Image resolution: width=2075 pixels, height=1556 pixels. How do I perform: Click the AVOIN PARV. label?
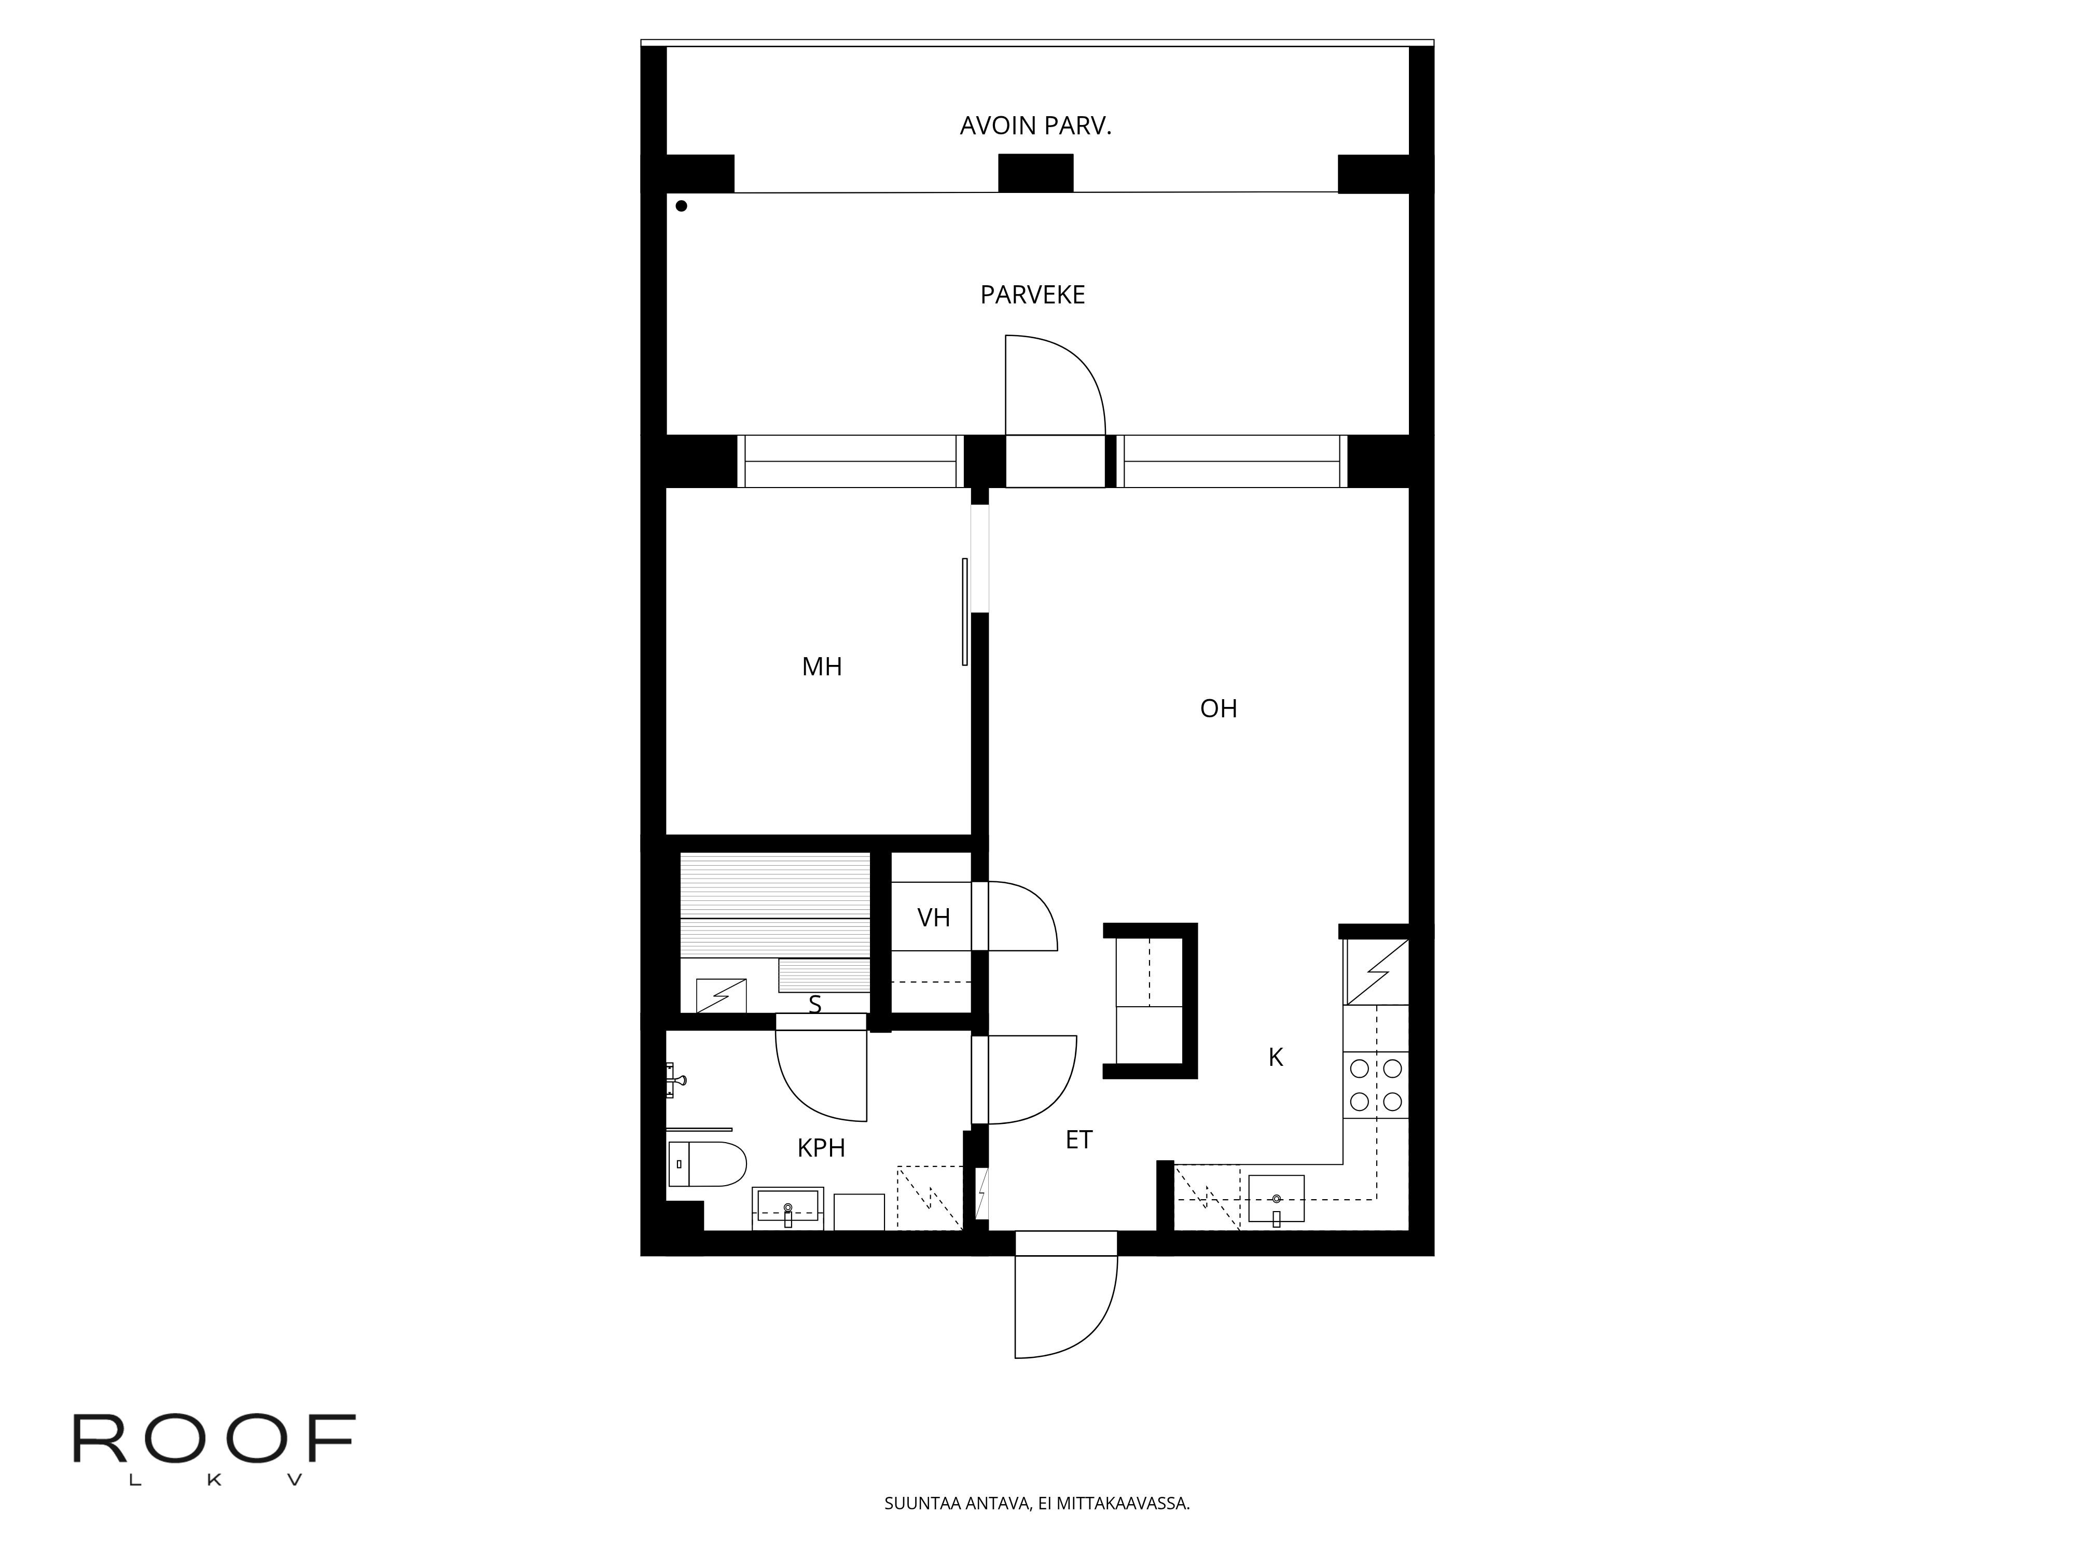(x=1035, y=126)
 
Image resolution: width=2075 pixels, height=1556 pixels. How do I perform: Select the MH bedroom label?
(x=822, y=667)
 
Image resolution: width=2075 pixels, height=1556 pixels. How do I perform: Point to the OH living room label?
(x=1219, y=708)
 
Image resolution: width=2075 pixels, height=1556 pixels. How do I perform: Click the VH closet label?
(x=933, y=918)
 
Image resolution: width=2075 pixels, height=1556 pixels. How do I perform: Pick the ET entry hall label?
(x=1079, y=1140)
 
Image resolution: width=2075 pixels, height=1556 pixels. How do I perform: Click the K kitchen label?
(x=1276, y=1057)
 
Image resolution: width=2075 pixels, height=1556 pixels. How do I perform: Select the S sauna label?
(x=815, y=1005)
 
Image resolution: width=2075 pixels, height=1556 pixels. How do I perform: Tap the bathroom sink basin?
(x=788, y=1208)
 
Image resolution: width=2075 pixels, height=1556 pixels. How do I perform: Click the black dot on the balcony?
(x=681, y=205)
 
